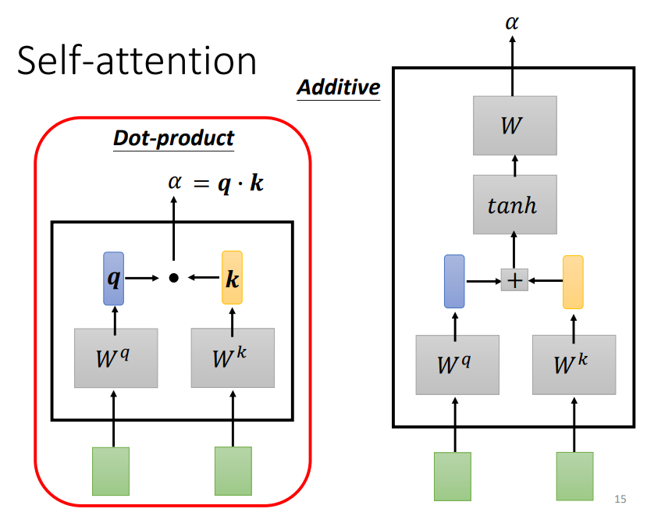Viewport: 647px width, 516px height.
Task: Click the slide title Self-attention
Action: point(137,61)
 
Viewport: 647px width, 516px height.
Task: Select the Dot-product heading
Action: point(173,138)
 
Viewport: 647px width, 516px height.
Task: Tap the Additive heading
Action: point(338,87)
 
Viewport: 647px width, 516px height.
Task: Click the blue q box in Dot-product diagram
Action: point(114,278)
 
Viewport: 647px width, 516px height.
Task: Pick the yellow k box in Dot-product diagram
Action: point(232,278)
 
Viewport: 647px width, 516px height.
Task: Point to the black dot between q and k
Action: point(173,277)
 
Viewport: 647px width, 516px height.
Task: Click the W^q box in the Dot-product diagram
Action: point(116,358)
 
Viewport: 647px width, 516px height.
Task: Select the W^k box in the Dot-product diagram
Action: point(233,358)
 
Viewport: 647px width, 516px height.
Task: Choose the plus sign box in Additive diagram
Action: point(514,279)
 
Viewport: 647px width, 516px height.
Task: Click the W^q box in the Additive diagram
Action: point(457,365)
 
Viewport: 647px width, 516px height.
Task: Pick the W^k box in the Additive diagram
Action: point(574,365)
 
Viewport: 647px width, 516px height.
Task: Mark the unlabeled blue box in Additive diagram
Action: point(454,280)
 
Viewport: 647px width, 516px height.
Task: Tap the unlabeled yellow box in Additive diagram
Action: point(573,281)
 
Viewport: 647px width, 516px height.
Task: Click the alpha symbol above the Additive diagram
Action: point(512,23)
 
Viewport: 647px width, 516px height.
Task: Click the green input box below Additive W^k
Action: point(574,475)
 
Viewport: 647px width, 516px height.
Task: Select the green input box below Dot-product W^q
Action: point(111,471)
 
